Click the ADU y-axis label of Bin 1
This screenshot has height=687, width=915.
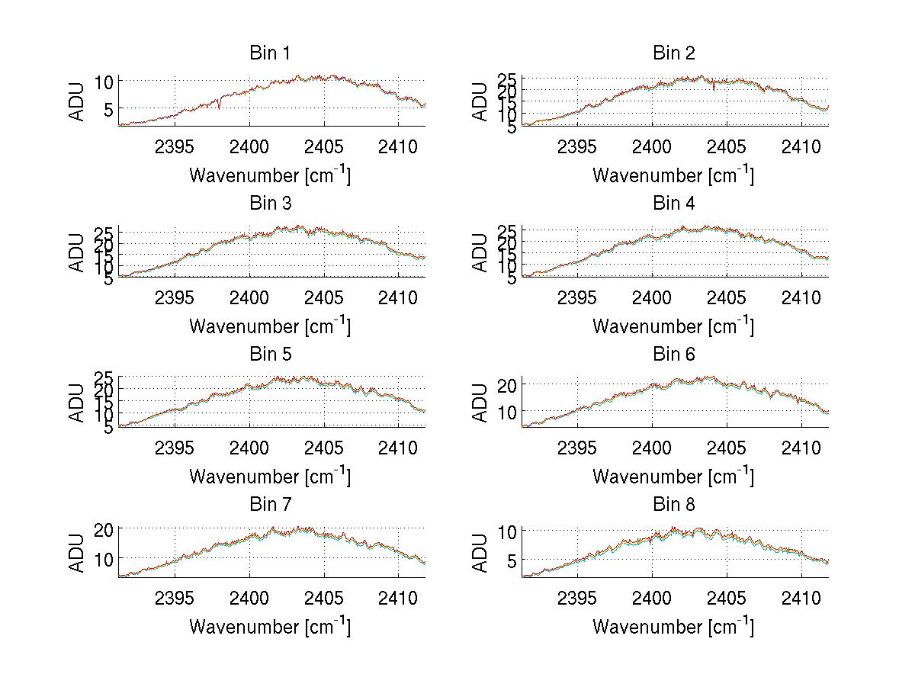(x=78, y=101)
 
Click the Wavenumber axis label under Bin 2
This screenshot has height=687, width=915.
(x=673, y=176)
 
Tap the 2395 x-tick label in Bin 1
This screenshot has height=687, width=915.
(x=174, y=146)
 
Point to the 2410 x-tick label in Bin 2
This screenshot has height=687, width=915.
(x=801, y=146)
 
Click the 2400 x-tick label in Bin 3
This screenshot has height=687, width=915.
(x=249, y=297)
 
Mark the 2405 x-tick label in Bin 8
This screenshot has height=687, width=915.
(x=726, y=598)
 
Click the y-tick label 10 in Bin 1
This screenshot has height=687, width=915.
(x=105, y=82)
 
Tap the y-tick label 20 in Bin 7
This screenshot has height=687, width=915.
(x=105, y=529)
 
